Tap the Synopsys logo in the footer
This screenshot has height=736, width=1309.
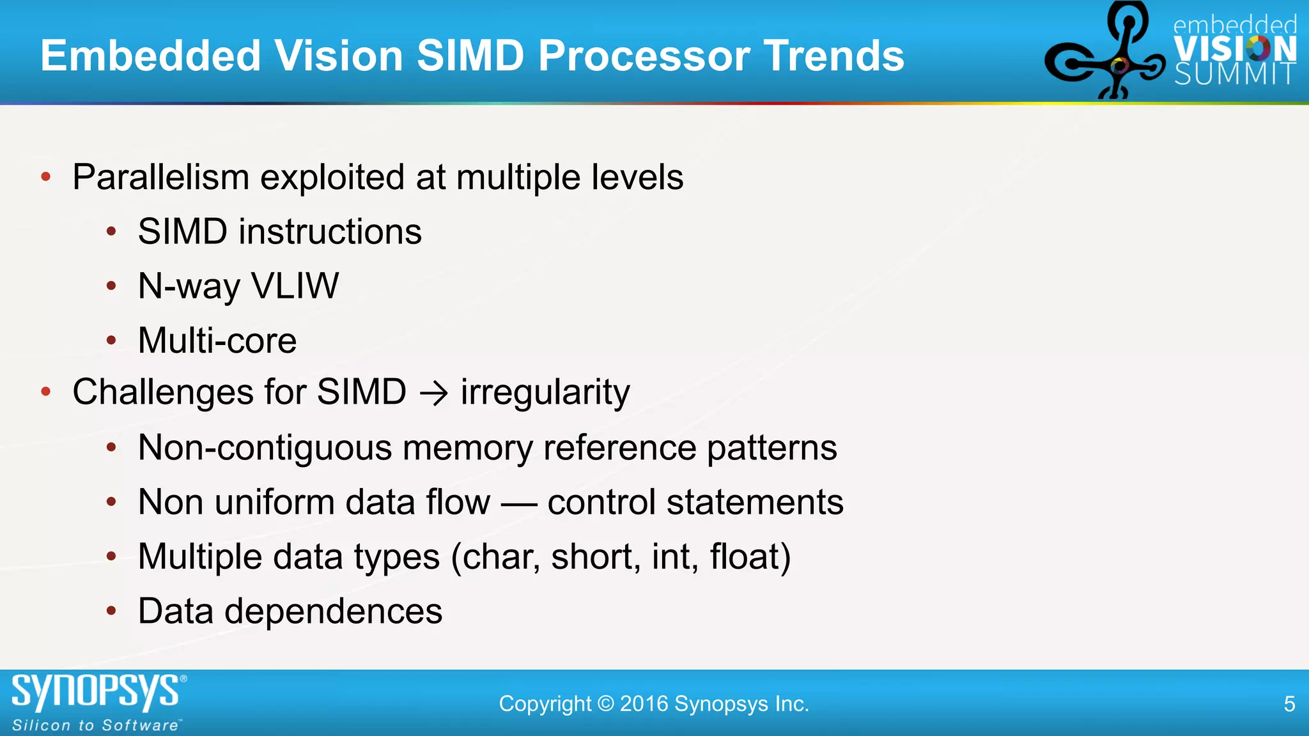[96, 692]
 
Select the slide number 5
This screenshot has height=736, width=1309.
[1289, 704]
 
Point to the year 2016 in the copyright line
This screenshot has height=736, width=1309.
[644, 704]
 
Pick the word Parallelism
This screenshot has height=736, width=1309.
[160, 177]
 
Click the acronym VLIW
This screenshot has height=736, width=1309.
[295, 286]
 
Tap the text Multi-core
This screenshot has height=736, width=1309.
[217, 341]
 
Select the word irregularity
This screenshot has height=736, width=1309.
[545, 392]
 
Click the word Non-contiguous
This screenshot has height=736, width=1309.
[265, 447]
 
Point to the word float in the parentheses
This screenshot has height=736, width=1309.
[745, 556]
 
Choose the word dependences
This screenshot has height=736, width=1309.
[333, 611]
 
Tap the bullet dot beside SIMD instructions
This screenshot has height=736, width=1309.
[111, 232]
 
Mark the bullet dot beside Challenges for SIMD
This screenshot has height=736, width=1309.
[45, 392]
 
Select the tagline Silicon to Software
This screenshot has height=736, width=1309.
[96, 726]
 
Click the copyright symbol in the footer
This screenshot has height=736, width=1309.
[605, 704]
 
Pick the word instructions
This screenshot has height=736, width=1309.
[330, 231]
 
